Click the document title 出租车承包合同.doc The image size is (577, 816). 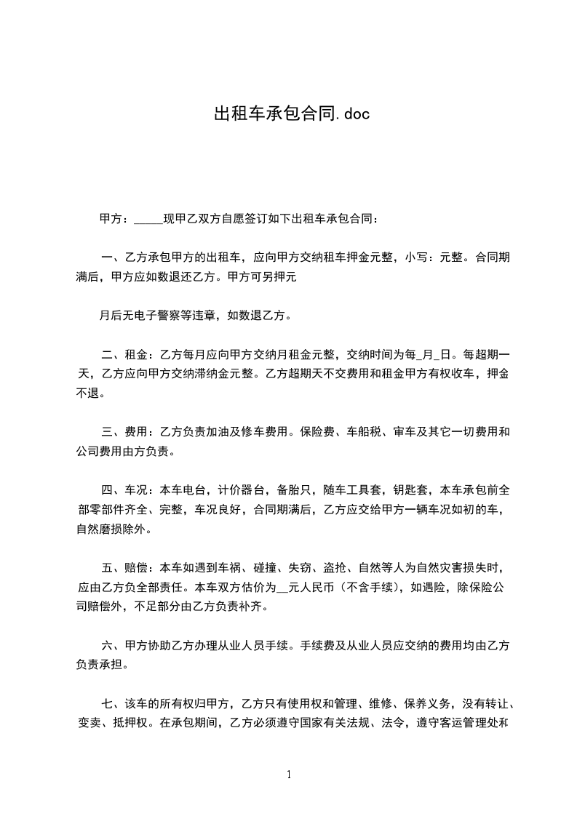pos(288,114)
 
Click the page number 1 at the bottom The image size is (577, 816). pos(289,775)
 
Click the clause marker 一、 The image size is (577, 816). pos(111,257)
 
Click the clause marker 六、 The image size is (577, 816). pos(111,644)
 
